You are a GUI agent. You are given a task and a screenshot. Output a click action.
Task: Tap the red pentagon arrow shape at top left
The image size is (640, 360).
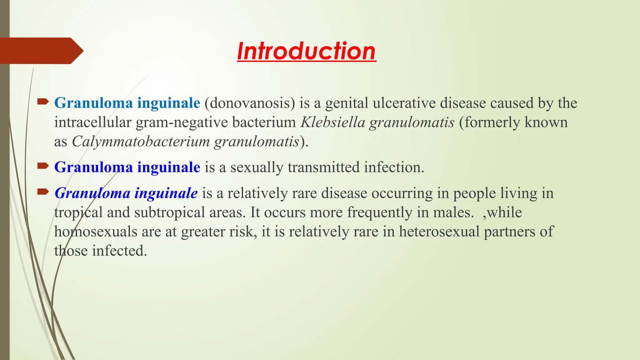(41, 51)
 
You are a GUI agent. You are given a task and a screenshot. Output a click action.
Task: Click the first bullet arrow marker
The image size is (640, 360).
(43, 101)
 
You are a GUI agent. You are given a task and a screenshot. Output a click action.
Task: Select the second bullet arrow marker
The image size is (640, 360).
(43, 166)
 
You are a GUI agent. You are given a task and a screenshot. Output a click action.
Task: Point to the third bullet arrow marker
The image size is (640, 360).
(43, 192)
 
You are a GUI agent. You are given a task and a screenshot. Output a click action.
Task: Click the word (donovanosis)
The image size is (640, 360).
(250, 103)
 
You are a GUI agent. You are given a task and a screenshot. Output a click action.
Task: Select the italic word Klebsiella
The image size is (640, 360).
(333, 122)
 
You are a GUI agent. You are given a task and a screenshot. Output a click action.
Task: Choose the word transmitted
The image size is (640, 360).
(323, 167)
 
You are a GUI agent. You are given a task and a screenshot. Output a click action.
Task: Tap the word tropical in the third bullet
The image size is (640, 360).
(78, 212)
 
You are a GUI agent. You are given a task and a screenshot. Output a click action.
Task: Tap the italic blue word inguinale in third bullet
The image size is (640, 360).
(166, 193)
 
